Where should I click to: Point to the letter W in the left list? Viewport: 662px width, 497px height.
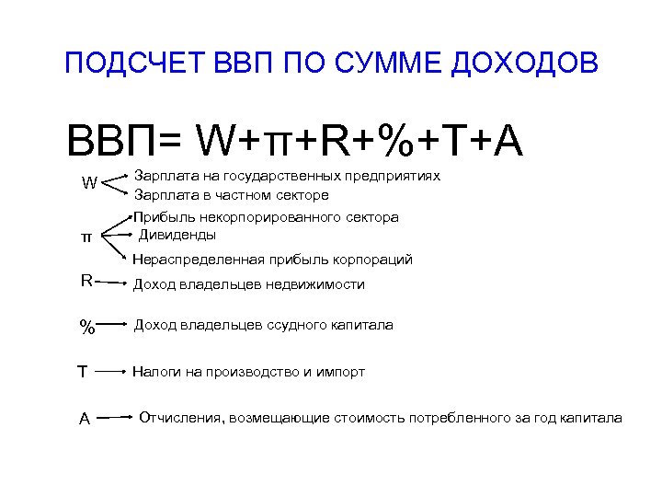(x=88, y=183)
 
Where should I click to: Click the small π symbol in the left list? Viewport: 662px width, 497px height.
(x=86, y=237)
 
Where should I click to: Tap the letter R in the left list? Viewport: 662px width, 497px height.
(x=86, y=281)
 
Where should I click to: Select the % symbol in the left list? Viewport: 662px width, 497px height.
(x=86, y=327)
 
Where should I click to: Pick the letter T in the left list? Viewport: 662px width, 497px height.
(x=83, y=373)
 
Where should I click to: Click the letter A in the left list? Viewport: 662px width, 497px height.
(x=84, y=419)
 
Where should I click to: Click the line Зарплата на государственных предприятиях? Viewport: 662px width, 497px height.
(x=288, y=175)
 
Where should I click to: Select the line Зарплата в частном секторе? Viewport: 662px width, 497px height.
(x=232, y=195)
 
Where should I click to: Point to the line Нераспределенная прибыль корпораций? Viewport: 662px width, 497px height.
(x=273, y=260)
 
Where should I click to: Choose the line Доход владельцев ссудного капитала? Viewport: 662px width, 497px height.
(x=264, y=325)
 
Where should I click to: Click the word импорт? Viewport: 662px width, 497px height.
(x=341, y=372)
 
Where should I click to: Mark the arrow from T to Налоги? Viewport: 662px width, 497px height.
(x=111, y=373)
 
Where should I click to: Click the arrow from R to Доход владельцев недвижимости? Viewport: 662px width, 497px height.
(x=110, y=283)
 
